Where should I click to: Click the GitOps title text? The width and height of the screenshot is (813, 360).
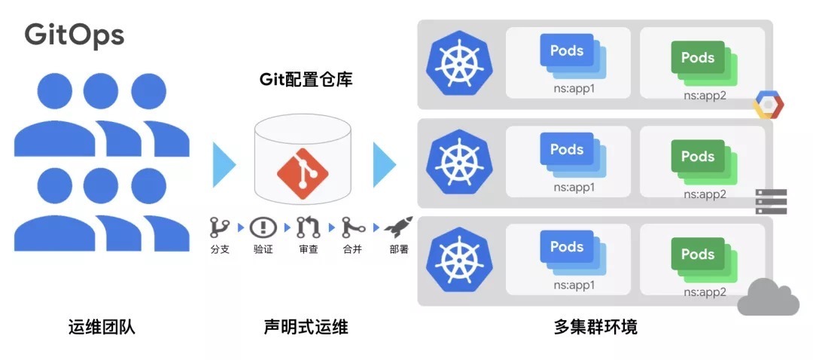(x=75, y=35)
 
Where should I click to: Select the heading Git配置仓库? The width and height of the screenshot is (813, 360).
(x=306, y=79)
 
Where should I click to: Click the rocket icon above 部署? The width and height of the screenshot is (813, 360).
(x=398, y=225)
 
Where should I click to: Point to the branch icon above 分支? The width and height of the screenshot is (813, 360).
(x=219, y=226)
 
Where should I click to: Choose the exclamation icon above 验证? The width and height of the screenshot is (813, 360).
(x=263, y=226)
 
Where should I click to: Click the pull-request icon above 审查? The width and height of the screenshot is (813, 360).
(x=308, y=226)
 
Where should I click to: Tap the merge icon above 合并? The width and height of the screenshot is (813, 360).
(x=352, y=226)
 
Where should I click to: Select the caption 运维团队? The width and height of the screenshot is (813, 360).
(x=102, y=327)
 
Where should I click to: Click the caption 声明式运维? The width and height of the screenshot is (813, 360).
(x=306, y=327)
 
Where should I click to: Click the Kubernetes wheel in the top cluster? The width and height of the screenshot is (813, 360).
(x=455, y=63)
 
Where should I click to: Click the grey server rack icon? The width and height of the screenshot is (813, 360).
(x=771, y=202)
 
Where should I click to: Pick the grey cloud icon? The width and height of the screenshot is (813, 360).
(x=768, y=297)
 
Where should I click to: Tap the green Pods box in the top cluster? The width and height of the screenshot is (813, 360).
(x=698, y=58)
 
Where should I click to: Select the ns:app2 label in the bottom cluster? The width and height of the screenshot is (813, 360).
(x=705, y=292)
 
